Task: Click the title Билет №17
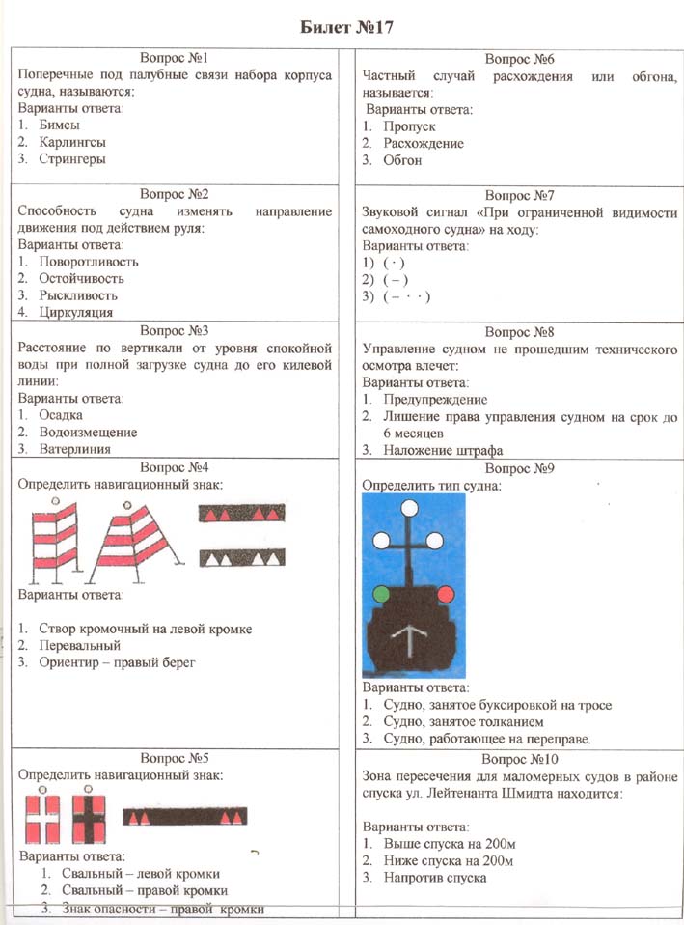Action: [342, 26]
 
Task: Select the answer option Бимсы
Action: [60, 125]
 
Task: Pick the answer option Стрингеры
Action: [72, 159]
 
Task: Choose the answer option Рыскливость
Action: [78, 295]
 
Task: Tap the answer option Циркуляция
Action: [76, 312]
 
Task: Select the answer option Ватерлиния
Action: [75, 449]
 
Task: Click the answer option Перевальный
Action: [79, 645]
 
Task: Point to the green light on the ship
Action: [381, 592]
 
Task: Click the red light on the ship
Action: [446, 592]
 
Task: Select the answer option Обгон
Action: [402, 160]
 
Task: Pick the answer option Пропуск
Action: [409, 126]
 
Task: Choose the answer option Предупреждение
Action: [435, 399]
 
